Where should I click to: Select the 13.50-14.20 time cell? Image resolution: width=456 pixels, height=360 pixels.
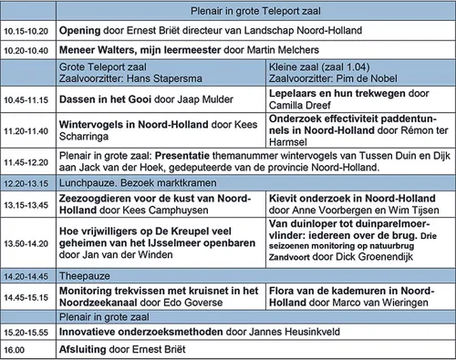[26, 243]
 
